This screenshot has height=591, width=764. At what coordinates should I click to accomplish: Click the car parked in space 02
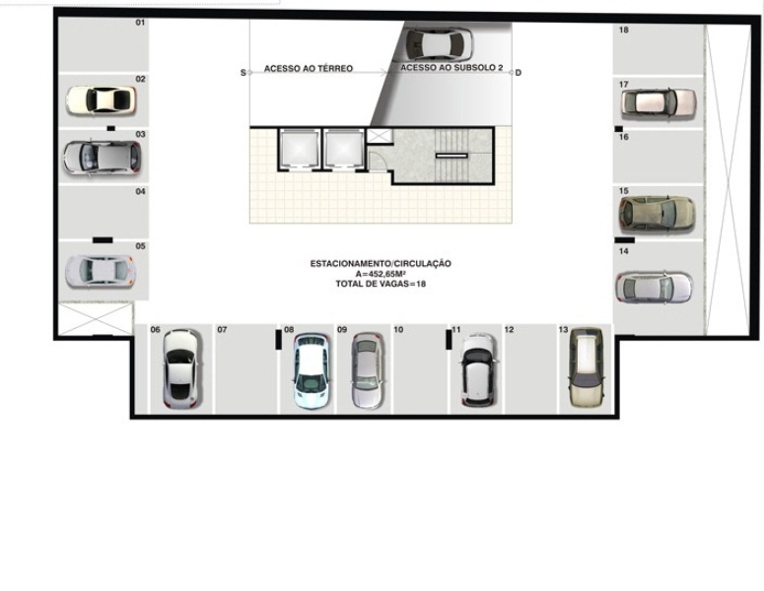101,100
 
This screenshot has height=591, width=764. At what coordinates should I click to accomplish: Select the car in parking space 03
102,157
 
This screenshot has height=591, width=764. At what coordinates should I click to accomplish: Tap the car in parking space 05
100,271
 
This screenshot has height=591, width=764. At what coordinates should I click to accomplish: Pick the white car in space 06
180,368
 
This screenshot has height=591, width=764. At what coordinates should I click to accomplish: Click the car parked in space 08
312,370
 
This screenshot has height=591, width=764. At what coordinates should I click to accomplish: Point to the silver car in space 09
368,370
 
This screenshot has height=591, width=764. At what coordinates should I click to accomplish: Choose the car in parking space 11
479,369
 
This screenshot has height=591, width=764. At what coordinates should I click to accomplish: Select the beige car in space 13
588,367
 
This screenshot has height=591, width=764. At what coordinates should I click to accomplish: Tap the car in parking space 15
657,214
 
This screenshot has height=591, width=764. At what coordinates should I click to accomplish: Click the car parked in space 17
659,103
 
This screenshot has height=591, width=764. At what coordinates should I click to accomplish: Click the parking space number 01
140,23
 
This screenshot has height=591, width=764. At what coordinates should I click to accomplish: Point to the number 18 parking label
624,30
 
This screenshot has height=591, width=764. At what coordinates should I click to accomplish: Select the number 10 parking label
398,330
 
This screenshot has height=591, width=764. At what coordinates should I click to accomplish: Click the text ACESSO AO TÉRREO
309,69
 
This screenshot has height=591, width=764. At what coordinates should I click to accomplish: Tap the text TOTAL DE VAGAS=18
381,284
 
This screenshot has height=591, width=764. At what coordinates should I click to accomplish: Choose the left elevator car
299,150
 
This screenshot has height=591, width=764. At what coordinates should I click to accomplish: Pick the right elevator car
344,150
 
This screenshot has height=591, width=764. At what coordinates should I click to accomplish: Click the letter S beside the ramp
243,73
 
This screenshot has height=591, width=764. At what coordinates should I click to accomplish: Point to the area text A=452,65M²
381,274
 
